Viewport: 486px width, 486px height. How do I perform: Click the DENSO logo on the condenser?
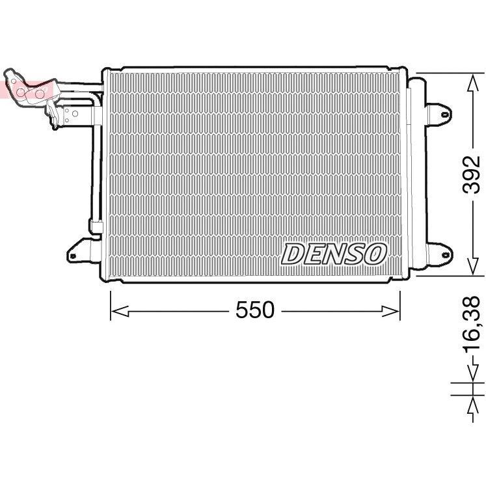[334, 254]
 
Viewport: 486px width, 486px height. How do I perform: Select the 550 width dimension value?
[255, 312]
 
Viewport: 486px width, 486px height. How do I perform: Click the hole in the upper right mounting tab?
[444, 115]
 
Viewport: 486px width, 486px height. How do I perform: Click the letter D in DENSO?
[293, 254]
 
